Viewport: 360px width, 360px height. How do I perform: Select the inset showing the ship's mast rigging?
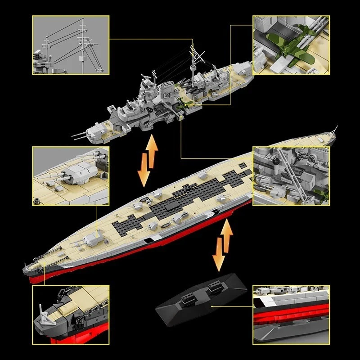(x=71, y=45)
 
